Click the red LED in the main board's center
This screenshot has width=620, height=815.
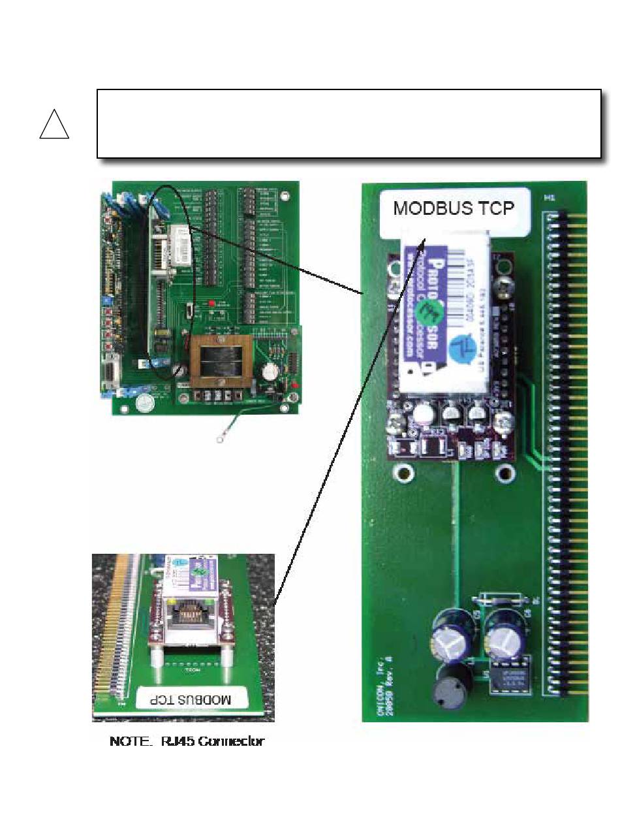coord(211,305)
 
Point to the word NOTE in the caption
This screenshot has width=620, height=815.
coord(127,742)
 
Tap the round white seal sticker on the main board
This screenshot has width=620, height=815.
coord(144,404)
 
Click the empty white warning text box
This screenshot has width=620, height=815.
coord(349,123)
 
